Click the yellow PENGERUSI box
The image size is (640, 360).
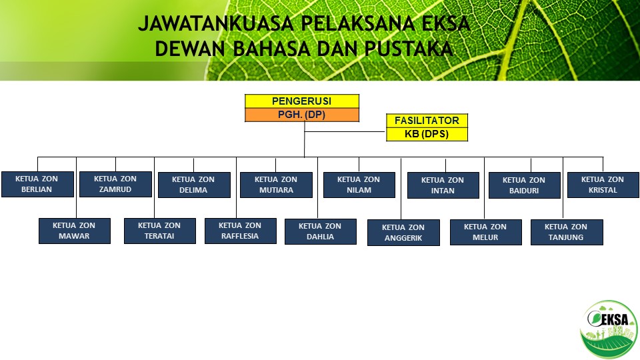[x=301, y=101]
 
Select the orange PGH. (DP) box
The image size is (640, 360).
[x=301, y=115]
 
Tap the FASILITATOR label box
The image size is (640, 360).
[x=427, y=121]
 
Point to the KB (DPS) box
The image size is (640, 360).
[x=427, y=134]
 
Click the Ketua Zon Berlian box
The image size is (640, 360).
[x=37, y=184]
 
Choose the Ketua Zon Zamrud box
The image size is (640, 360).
[x=115, y=184]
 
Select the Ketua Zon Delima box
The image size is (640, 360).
[x=194, y=185]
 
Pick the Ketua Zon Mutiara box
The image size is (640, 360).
[x=276, y=185]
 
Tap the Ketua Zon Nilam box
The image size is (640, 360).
[x=359, y=185]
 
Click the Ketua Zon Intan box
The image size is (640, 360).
[x=443, y=185]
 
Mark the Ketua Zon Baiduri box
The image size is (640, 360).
[x=525, y=185]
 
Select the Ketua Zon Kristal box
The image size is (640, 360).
[x=603, y=185]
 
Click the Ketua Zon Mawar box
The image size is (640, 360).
[x=75, y=231]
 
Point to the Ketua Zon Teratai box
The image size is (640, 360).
[x=160, y=231]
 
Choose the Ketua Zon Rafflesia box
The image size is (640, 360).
[x=241, y=231]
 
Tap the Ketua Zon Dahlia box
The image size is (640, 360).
[x=321, y=232]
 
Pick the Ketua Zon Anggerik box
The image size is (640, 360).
[x=404, y=233]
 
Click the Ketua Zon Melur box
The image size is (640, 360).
[x=486, y=232]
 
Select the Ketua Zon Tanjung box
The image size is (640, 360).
[x=567, y=232]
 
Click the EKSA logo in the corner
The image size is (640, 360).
[x=609, y=330]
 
